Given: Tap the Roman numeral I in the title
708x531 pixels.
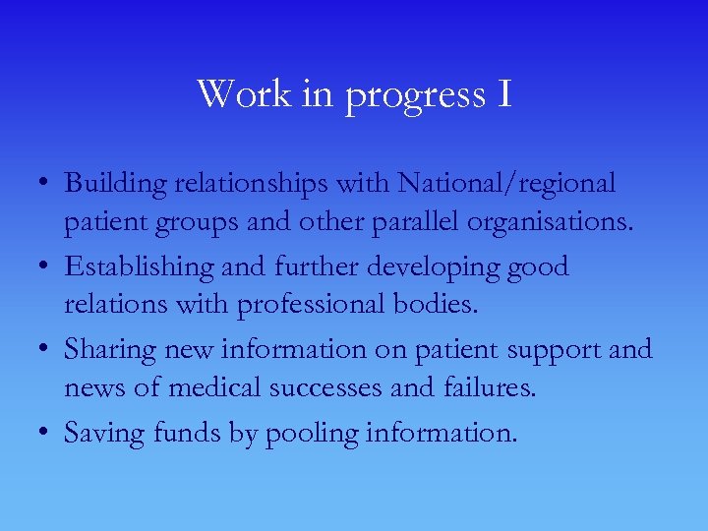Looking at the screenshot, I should click(x=503, y=93).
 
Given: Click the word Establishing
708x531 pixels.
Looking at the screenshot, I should click(x=139, y=267).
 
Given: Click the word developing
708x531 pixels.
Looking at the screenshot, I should click(x=424, y=267).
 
